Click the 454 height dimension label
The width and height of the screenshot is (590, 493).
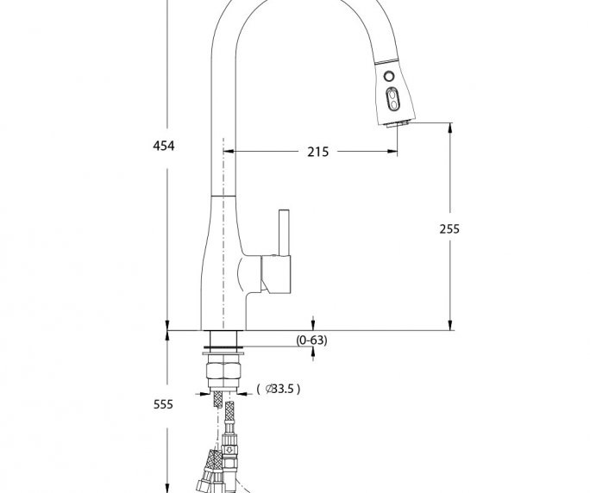tap(164, 146)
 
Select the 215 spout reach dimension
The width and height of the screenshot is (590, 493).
tap(318, 152)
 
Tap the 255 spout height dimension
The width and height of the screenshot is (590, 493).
tap(449, 228)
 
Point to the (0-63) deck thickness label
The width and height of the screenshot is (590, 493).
tap(311, 340)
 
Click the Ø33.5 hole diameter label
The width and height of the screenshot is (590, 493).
tap(279, 389)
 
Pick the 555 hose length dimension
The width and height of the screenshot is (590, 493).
tap(163, 404)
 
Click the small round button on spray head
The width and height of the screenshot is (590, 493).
tap(389, 77)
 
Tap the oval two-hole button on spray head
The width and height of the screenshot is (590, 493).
tap(392, 99)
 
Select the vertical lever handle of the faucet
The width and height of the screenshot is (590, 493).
tap(284, 233)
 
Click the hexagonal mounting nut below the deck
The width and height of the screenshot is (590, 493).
tap(223, 371)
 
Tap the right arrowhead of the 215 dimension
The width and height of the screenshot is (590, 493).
tap(392, 152)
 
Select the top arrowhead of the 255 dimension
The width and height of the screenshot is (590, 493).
tap(450, 128)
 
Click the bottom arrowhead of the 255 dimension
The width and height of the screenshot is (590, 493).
tap(450, 325)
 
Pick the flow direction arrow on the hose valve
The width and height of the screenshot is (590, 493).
tap(229, 449)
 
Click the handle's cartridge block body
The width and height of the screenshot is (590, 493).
tap(276, 274)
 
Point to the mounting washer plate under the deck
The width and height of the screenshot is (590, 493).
tap(223, 353)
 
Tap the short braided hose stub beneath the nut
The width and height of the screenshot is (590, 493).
tap(218, 400)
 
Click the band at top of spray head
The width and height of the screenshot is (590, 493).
tap(386, 61)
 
